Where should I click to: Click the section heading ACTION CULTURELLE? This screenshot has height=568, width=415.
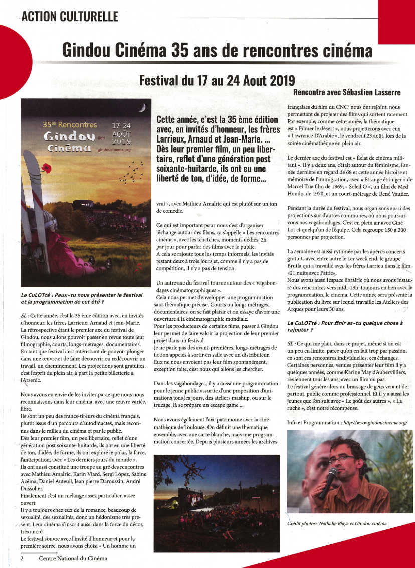click(70, 16)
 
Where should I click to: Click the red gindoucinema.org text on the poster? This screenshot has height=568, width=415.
click(115, 149)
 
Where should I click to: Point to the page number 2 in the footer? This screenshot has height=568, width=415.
click(22, 558)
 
